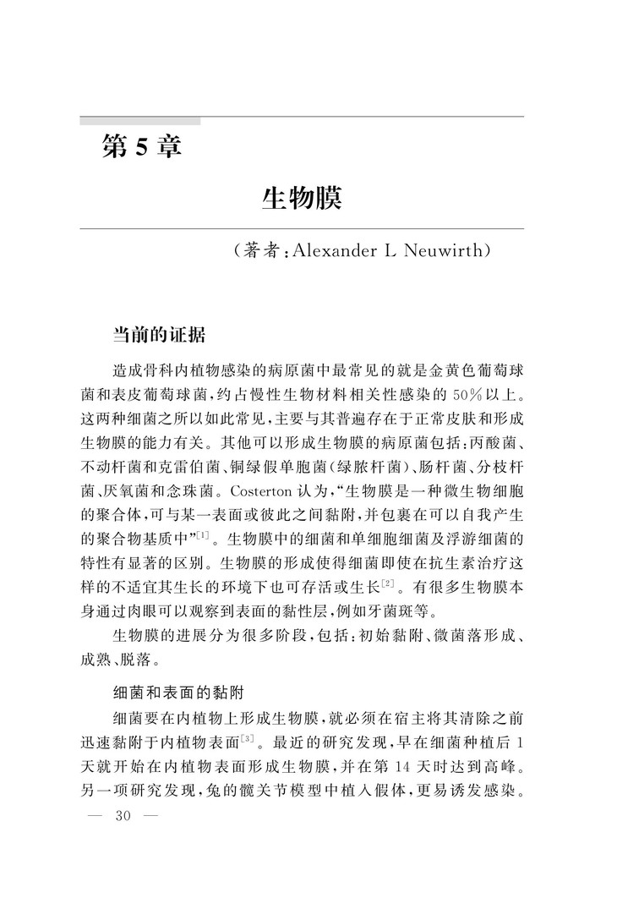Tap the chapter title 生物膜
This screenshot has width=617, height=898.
click(301, 200)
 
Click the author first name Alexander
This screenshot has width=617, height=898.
click(331, 251)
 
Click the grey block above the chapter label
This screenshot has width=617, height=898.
click(139, 121)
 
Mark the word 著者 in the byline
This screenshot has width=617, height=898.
click(259, 251)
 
